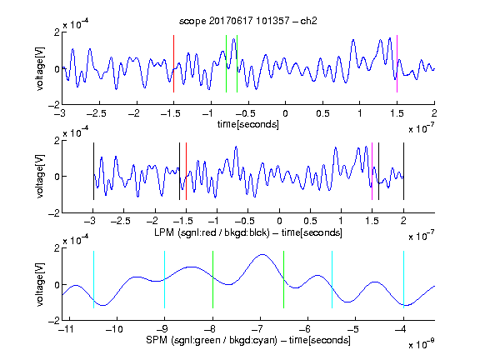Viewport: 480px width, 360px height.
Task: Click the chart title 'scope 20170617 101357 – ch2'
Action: click(247, 21)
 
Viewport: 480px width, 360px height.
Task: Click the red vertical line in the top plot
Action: click(173, 63)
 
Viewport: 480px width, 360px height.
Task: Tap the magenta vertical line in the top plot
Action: click(397, 63)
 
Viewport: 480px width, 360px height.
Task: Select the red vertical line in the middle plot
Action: click(186, 171)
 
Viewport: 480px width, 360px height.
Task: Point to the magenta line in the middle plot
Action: click(372, 171)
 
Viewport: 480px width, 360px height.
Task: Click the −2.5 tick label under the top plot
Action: click(96, 113)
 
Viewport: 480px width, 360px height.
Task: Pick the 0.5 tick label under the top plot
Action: click(322, 113)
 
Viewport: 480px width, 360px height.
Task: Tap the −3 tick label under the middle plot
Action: click(91, 221)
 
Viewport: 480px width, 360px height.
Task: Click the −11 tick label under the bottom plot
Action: click(67, 329)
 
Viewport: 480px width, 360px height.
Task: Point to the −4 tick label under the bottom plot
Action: click(401, 329)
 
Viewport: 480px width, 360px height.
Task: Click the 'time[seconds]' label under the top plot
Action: click(248, 124)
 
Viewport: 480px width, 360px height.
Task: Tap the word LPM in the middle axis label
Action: click(164, 232)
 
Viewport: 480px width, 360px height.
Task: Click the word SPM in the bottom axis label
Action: click(157, 340)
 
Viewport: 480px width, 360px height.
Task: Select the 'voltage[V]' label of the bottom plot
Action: click(40, 284)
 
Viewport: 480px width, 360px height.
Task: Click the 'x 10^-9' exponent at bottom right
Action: click(421, 344)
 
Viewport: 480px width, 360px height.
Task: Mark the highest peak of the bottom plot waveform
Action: click(262, 254)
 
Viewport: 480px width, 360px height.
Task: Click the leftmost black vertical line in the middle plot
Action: click(93, 171)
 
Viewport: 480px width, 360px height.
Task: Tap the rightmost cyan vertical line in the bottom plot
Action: click(403, 279)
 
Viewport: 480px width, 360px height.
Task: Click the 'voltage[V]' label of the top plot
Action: click(40, 68)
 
